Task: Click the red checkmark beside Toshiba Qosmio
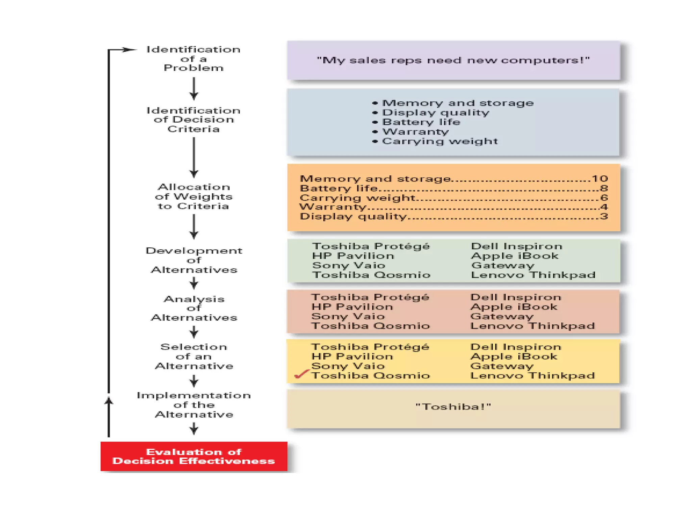pyautogui.click(x=301, y=374)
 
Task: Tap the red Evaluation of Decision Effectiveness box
pyautogui.click(x=194, y=456)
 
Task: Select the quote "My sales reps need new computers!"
pyautogui.click(x=453, y=60)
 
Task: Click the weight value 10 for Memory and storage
pyautogui.click(x=600, y=179)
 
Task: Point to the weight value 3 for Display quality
pyautogui.click(x=604, y=217)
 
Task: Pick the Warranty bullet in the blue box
pyautogui.click(x=415, y=132)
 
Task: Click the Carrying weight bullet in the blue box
pyautogui.click(x=439, y=141)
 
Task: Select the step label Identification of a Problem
pyautogui.click(x=193, y=58)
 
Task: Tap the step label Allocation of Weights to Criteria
pyautogui.click(x=194, y=197)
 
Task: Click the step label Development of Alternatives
pyautogui.click(x=194, y=260)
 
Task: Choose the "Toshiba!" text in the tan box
pyautogui.click(x=453, y=406)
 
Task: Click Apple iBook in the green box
pyautogui.click(x=515, y=256)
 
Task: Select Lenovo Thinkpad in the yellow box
pyautogui.click(x=533, y=376)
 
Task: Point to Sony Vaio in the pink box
pyautogui.click(x=348, y=317)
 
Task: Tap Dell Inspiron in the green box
pyautogui.click(x=517, y=246)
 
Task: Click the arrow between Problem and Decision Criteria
pyautogui.click(x=194, y=89)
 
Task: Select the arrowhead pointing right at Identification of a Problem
pyautogui.click(x=129, y=50)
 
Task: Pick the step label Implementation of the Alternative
pyautogui.click(x=194, y=405)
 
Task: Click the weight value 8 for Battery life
pyautogui.click(x=604, y=188)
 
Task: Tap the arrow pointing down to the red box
pyautogui.click(x=194, y=429)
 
